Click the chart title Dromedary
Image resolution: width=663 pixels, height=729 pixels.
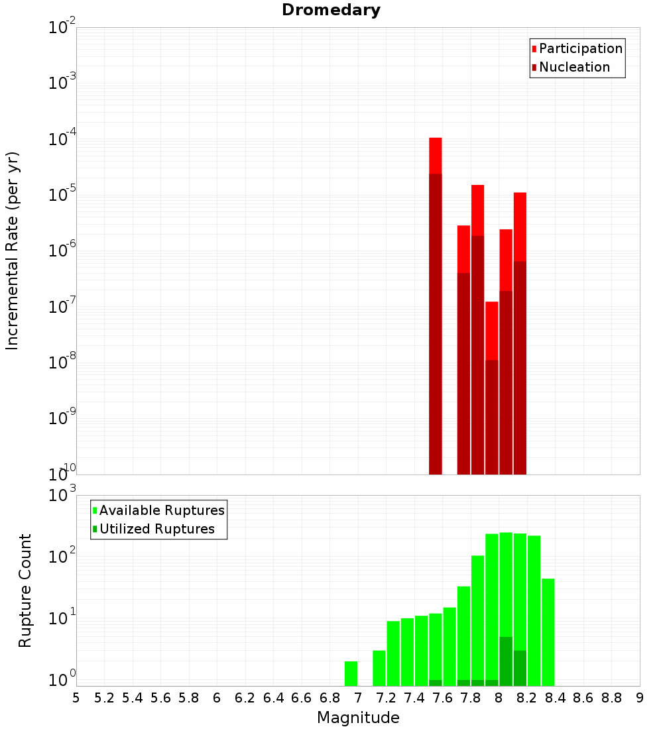click(x=331, y=10)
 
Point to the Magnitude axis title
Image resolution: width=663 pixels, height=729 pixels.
click(x=358, y=718)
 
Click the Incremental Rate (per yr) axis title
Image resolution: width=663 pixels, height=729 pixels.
click(x=13, y=251)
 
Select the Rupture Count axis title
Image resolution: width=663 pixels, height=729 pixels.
click(x=25, y=590)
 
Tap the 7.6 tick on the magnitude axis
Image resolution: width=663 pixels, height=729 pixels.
click(x=442, y=698)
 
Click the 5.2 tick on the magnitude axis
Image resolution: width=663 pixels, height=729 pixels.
click(x=104, y=698)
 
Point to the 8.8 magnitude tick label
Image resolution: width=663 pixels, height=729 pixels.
click(x=611, y=698)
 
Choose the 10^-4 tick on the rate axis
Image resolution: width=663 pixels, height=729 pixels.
click(x=62, y=140)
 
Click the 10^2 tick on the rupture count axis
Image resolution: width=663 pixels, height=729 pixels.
click(x=62, y=557)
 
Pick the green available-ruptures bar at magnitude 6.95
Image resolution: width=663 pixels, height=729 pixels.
click(x=351, y=673)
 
